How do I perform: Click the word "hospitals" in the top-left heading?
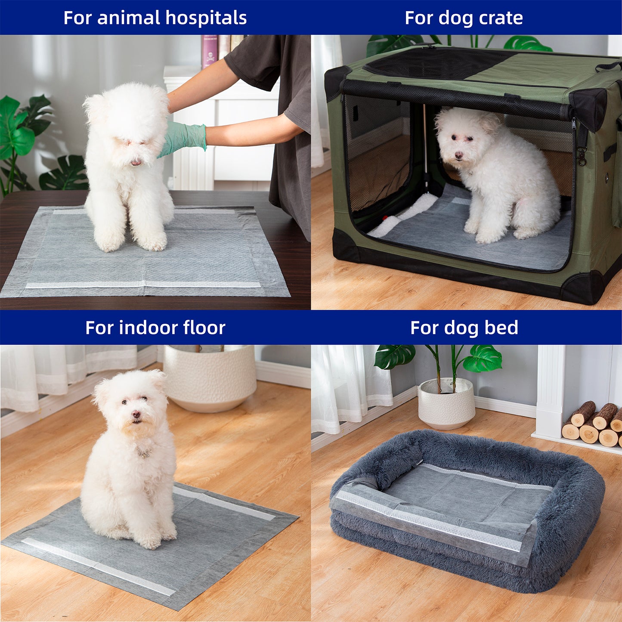click(x=206, y=18)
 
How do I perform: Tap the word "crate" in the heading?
click(x=501, y=18)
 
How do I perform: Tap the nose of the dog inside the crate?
click(x=459, y=155)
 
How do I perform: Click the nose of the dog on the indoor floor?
click(x=136, y=415)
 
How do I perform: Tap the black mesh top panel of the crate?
click(x=435, y=64)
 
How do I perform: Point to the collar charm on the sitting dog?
click(x=144, y=453)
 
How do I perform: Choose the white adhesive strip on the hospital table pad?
click(x=143, y=285)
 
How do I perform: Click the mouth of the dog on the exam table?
click(x=136, y=163)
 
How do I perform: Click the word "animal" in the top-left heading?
click(x=129, y=18)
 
